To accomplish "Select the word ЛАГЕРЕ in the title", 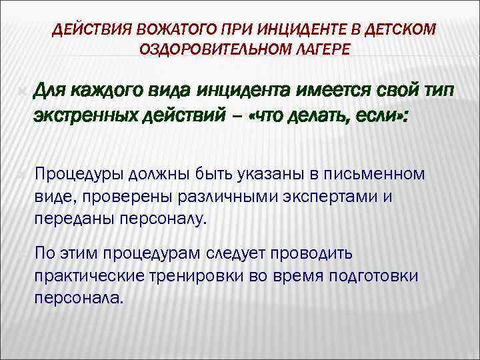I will [x=323, y=49].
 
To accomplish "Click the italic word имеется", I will [x=331, y=91].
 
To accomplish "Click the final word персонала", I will [x=78, y=298].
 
